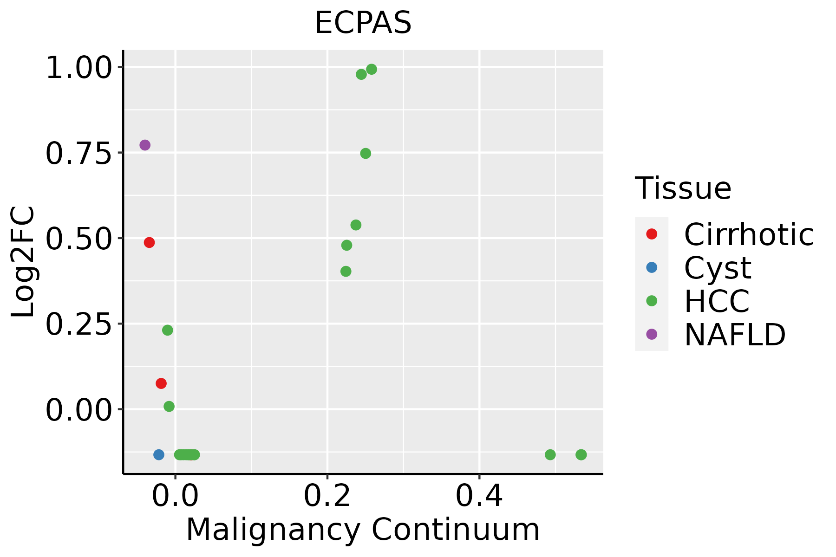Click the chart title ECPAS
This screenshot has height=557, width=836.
click(x=363, y=23)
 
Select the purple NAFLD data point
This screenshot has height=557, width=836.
click(x=145, y=145)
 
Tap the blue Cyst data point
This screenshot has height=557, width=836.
click(x=159, y=454)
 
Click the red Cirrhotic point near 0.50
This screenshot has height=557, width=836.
click(x=149, y=242)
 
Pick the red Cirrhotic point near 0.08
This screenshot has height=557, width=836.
click(x=161, y=383)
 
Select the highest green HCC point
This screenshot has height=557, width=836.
click(x=372, y=69)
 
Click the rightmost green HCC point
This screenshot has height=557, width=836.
click(x=581, y=454)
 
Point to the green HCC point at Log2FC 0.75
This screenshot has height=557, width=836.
click(x=366, y=154)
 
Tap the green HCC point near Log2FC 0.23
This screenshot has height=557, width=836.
click(x=168, y=330)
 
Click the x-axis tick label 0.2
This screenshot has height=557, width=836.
click(x=327, y=496)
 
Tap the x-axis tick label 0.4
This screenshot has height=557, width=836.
click(x=479, y=496)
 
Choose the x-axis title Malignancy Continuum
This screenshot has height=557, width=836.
click(x=363, y=530)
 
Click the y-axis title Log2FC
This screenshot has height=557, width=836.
click(x=23, y=262)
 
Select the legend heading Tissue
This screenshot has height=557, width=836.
click(x=683, y=188)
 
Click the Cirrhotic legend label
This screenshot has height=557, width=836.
click(x=749, y=234)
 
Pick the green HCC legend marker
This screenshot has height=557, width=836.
click(x=652, y=301)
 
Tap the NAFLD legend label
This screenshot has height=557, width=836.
click(x=735, y=334)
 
